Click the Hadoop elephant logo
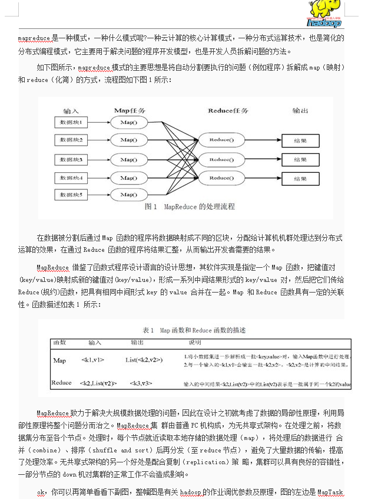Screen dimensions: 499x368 pyautogui.click(x=323, y=13)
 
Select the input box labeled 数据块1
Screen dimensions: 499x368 pyautogui.click(x=71, y=122)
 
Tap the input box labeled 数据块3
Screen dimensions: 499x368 pyautogui.click(x=71, y=160)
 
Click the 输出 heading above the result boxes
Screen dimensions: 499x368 pyautogui.click(x=300, y=110)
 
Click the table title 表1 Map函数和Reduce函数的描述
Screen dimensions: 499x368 pyautogui.click(x=194, y=330)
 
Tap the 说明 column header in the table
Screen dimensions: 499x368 pyautogui.click(x=195, y=342)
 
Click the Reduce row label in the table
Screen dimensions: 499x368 pyautogui.click(x=61, y=383)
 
